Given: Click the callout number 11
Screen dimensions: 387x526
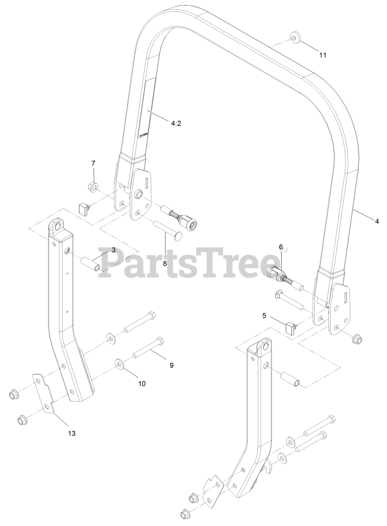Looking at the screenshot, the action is point(323,55).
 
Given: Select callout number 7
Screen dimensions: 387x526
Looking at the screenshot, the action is point(93,163).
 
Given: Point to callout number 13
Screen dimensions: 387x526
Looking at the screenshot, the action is point(72,433).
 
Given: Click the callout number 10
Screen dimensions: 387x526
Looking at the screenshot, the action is point(141,383).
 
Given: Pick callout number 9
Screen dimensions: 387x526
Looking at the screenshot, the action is point(171,365).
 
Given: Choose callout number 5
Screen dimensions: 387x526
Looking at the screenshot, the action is point(264,316).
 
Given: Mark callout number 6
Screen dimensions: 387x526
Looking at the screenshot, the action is point(281,247).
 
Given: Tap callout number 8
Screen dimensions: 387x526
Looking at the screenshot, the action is point(165,263).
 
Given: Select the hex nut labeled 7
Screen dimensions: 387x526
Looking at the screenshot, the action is point(93,188).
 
